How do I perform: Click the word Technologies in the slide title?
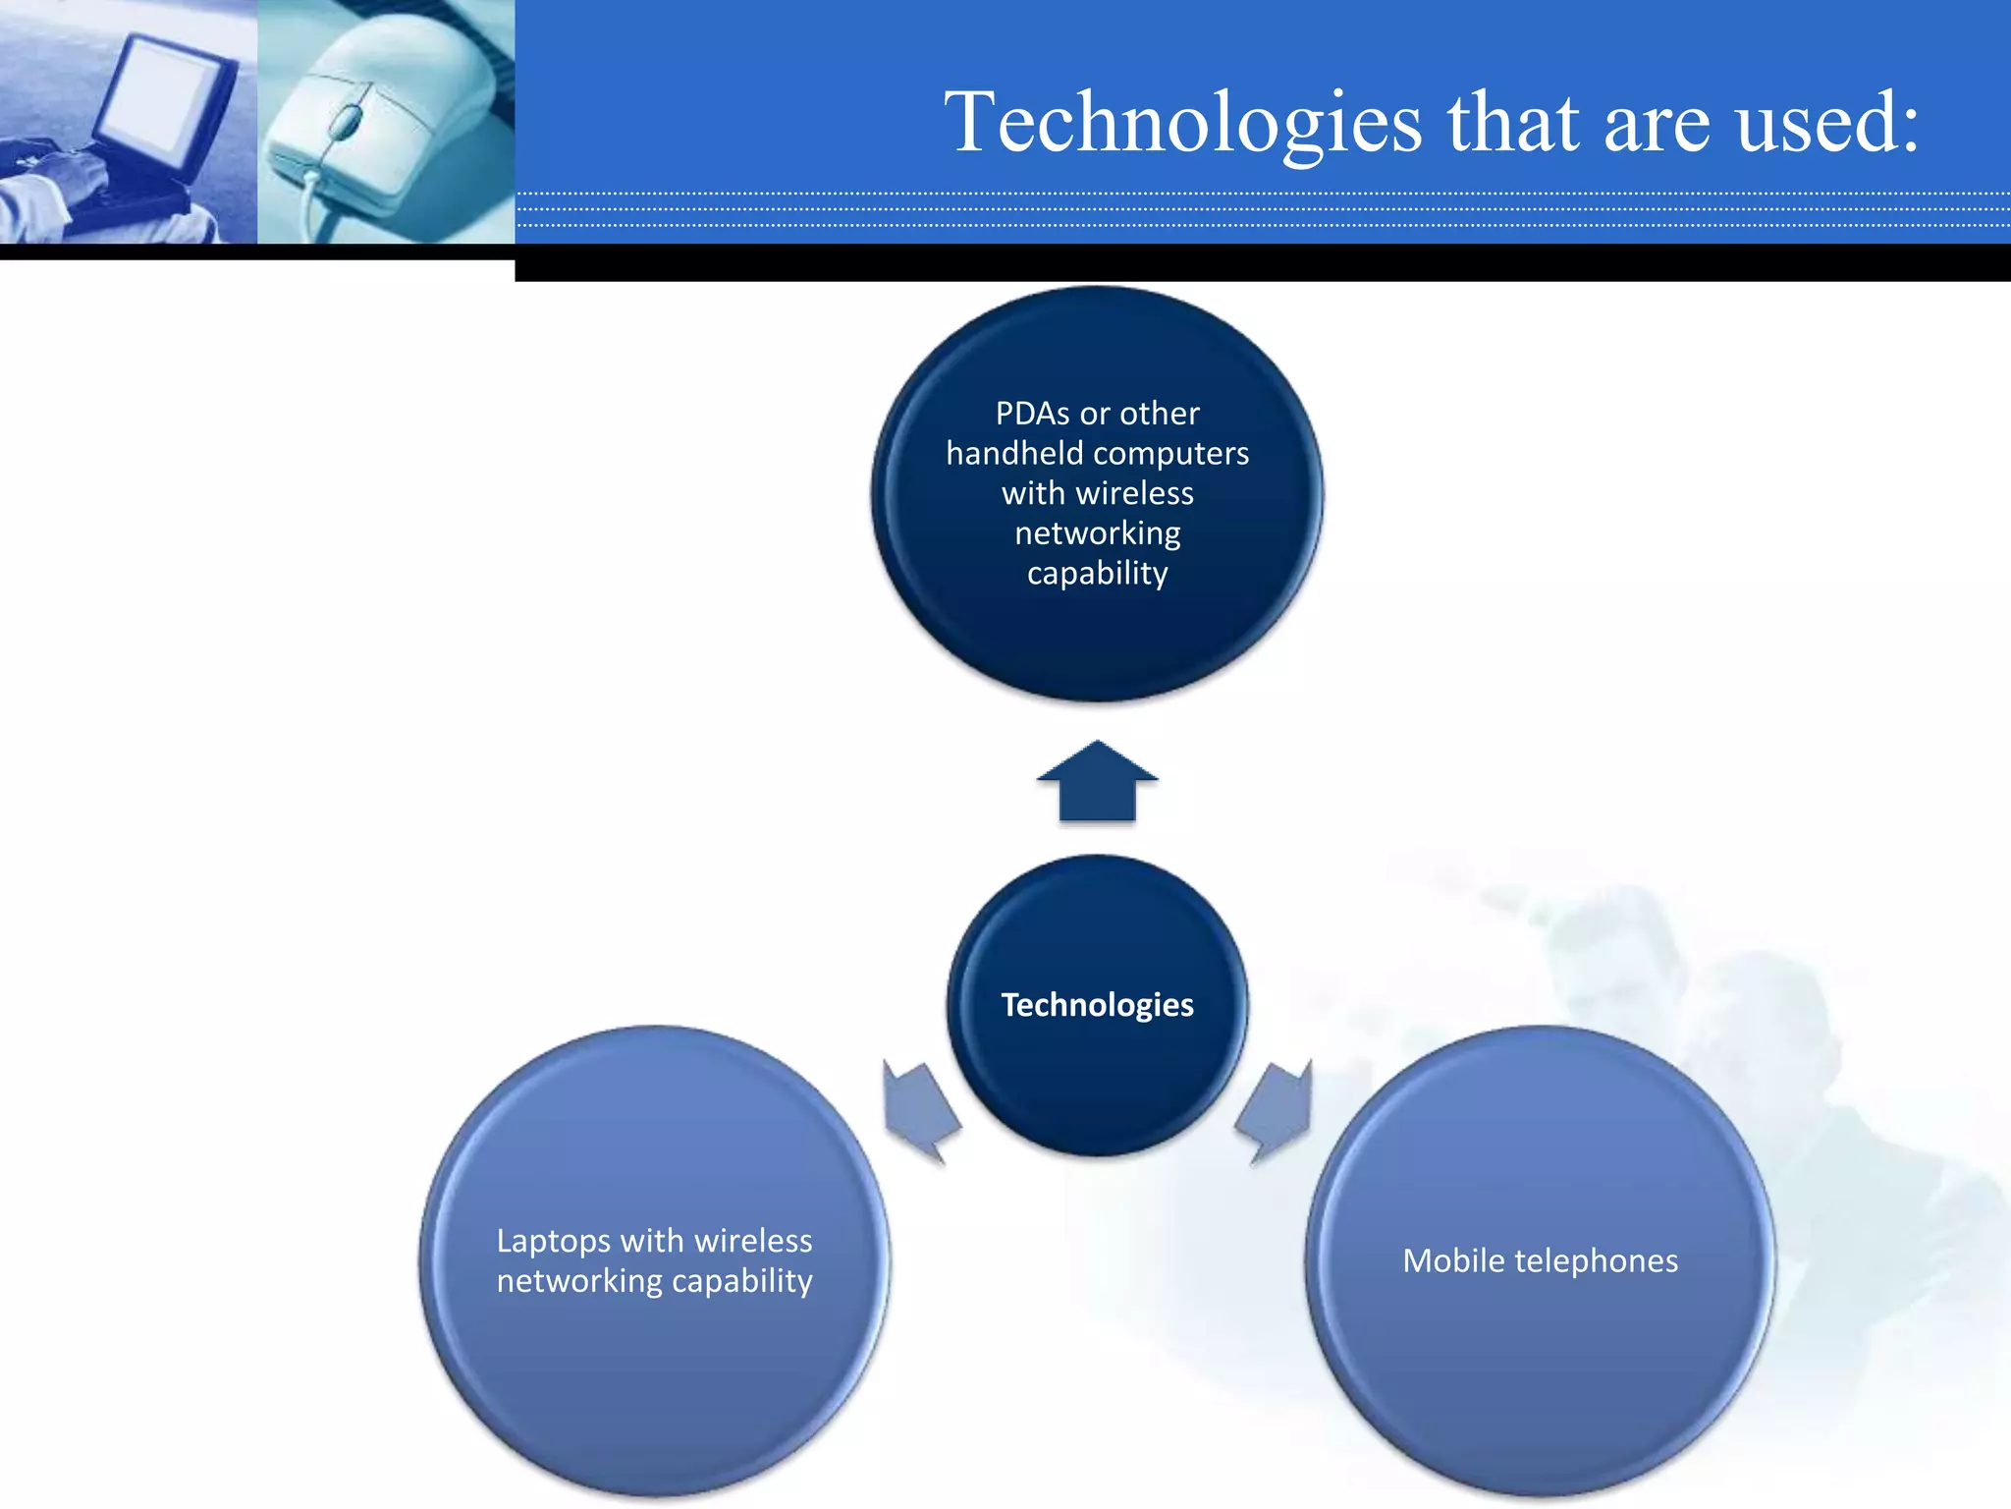pos(1182,124)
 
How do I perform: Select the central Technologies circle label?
pos(1097,1005)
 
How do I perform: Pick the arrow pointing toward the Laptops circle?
pos(918,1111)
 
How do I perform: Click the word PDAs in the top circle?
pos(1032,414)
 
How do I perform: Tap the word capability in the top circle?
pos(1097,574)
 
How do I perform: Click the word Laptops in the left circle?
pos(554,1241)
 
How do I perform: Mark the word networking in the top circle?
pos(1097,533)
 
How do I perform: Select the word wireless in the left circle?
pos(752,1241)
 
